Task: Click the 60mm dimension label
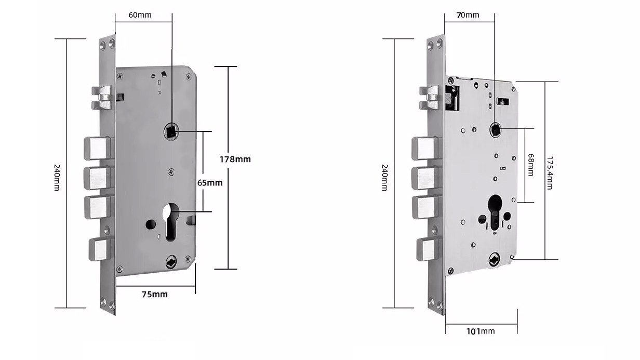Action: pos(140,15)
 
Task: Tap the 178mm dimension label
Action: pos(236,159)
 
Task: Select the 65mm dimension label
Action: pos(210,182)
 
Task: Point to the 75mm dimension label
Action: pos(155,295)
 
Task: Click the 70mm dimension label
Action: pos(468,15)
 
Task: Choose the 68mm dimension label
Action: pos(530,164)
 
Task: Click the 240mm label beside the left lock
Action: pos(57,177)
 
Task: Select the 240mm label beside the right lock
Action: pos(384,177)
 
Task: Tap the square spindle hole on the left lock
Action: pos(171,130)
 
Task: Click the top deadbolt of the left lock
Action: pos(97,148)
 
